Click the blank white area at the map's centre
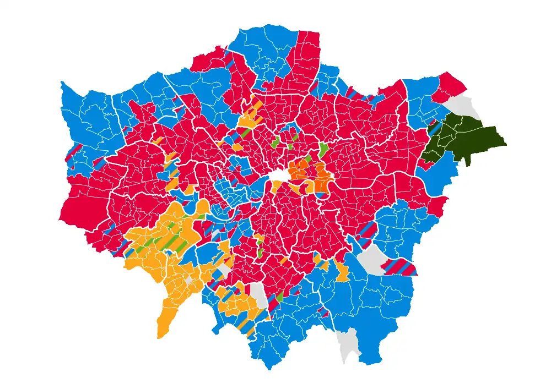click(279, 175)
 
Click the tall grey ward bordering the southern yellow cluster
click(259, 296)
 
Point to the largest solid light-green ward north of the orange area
click(323, 149)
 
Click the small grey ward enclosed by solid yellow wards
click(189, 280)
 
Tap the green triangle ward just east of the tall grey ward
click(278, 298)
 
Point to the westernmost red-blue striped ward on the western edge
click(72, 152)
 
